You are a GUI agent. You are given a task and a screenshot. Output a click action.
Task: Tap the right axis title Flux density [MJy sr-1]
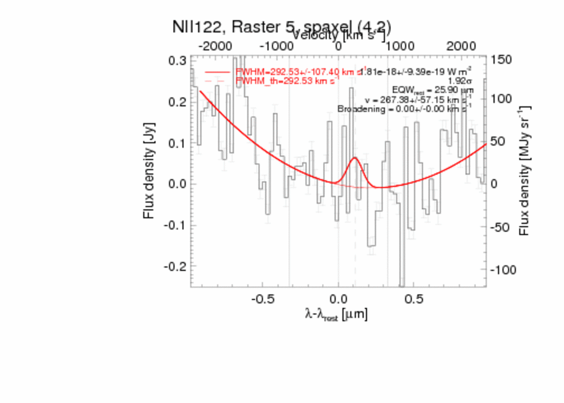tap(525, 169)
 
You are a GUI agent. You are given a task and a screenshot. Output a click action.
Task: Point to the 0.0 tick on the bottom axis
tap(338, 297)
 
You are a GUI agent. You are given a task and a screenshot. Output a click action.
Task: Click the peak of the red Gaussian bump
tap(355, 157)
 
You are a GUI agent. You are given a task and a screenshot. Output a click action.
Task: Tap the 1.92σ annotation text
tap(460, 81)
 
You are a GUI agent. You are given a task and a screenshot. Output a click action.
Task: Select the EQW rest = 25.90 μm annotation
tap(433, 90)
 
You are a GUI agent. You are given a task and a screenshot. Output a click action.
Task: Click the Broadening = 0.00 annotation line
tap(405, 109)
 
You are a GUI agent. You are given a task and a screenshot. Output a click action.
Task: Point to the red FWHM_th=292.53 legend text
tap(288, 81)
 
